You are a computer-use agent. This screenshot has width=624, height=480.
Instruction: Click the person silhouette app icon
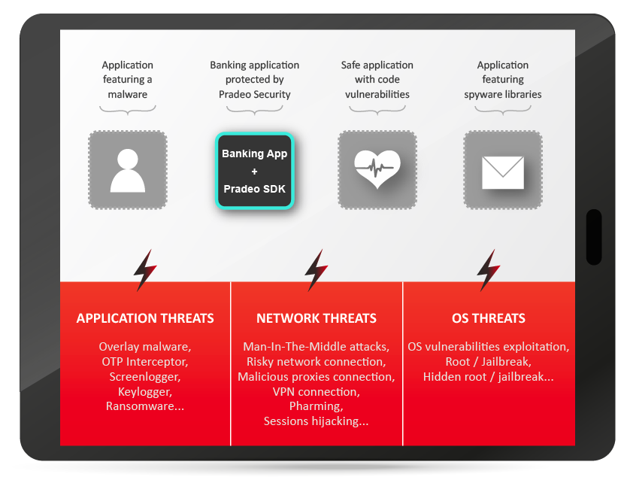(127, 170)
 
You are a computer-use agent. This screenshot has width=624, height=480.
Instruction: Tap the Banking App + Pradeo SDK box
(254, 171)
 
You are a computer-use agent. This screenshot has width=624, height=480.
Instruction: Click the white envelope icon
(503, 172)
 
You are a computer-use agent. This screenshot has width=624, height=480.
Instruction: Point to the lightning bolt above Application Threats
(145, 270)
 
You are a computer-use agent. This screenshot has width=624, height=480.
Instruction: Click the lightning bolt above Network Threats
(316, 270)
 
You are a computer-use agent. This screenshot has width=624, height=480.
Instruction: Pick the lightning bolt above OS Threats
(488, 270)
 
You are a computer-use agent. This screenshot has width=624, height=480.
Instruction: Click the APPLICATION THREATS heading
(145, 318)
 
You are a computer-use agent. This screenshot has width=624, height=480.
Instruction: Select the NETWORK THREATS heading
(317, 318)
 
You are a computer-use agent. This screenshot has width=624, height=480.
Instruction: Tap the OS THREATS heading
(488, 318)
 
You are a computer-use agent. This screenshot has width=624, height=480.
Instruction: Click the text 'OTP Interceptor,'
(145, 362)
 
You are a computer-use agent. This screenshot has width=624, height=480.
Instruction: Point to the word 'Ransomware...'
(145, 406)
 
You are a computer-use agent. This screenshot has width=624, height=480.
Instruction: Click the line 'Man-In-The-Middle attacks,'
(317, 347)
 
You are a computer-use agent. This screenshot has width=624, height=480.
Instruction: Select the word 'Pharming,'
(317, 406)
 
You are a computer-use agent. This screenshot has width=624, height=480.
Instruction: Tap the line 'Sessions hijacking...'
(317, 421)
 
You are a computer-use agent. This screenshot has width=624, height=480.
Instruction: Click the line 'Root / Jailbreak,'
(488, 362)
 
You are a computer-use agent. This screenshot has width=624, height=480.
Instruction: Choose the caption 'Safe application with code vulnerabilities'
(377, 79)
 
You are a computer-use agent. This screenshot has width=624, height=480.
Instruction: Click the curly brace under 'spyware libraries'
(503, 110)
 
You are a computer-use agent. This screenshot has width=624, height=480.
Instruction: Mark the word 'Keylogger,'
(145, 392)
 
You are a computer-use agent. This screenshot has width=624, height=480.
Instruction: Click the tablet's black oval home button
(594, 237)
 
